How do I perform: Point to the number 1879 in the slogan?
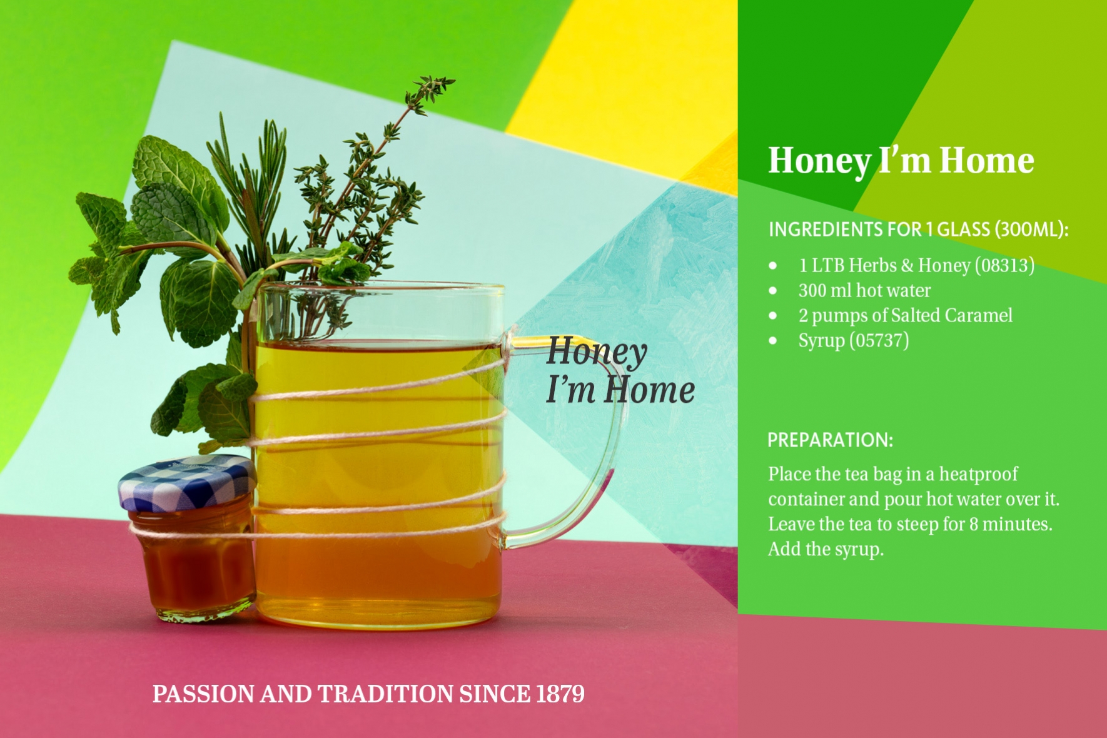click(560, 694)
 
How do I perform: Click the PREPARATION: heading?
click(830, 440)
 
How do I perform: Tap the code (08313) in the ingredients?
click(1004, 265)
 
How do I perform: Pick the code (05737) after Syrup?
click(879, 340)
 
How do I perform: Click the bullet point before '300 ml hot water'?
click(773, 291)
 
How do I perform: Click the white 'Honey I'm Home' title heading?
click(901, 161)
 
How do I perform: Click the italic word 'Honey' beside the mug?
click(597, 352)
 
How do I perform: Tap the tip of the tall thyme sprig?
click(454, 79)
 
